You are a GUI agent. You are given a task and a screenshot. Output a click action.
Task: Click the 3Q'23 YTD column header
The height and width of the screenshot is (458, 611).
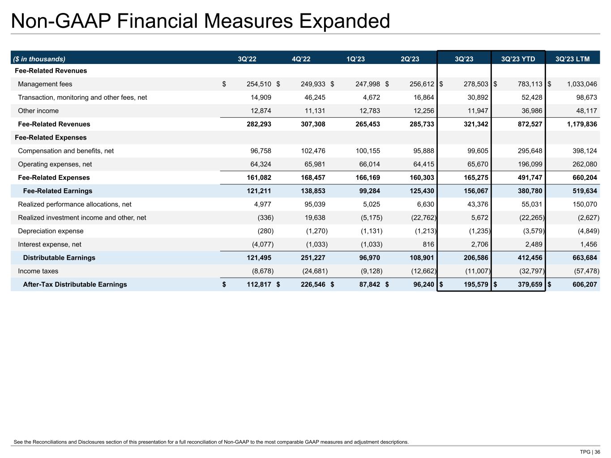[x=518, y=59]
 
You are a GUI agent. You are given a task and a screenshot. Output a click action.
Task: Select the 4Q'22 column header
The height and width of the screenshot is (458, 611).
[x=301, y=59]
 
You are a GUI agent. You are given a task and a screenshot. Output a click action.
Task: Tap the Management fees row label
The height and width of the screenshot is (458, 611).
[x=45, y=84]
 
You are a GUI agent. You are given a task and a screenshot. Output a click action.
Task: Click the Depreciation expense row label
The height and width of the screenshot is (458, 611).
[x=51, y=231]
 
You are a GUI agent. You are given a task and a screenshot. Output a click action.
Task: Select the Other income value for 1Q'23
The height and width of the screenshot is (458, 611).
[x=367, y=111]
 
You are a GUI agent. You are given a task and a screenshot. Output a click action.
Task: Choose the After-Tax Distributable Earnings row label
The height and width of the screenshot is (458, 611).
[x=75, y=284]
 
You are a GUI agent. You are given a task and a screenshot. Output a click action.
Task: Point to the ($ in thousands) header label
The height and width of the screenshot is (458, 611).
[x=39, y=59]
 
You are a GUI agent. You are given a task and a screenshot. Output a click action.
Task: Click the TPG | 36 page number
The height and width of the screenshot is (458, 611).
[x=590, y=452]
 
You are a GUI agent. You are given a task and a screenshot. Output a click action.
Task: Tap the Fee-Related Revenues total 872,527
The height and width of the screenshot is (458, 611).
[x=530, y=124]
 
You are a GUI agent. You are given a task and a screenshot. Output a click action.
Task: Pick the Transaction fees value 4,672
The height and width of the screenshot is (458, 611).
[x=370, y=98]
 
